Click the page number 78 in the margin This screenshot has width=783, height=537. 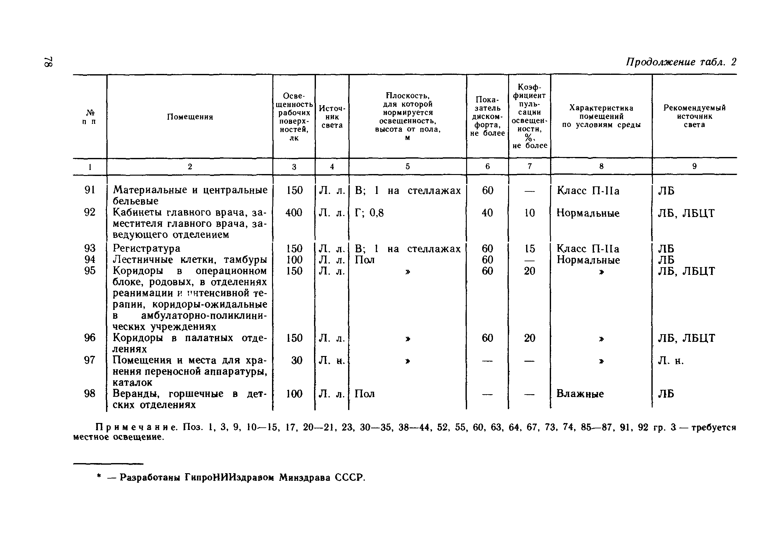(x=49, y=61)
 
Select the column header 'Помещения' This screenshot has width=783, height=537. (x=190, y=117)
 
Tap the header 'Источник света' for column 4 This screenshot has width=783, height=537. (x=332, y=117)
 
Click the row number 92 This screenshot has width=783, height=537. (x=90, y=213)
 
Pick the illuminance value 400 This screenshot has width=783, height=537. (x=294, y=213)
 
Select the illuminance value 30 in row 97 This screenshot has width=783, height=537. (x=296, y=360)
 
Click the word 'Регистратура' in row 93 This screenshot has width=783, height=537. (x=146, y=249)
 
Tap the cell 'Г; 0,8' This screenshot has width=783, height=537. (x=369, y=213)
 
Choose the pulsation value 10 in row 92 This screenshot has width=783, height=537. (x=529, y=213)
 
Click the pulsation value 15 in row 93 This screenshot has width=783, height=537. (x=529, y=249)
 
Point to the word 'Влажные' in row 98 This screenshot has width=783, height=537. (x=580, y=394)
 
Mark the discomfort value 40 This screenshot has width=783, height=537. (x=487, y=213)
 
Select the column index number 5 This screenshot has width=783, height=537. (x=407, y=166)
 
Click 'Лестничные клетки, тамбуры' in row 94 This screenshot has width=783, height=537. (x=190, y=260)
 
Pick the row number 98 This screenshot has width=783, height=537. (x=90, y=394)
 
